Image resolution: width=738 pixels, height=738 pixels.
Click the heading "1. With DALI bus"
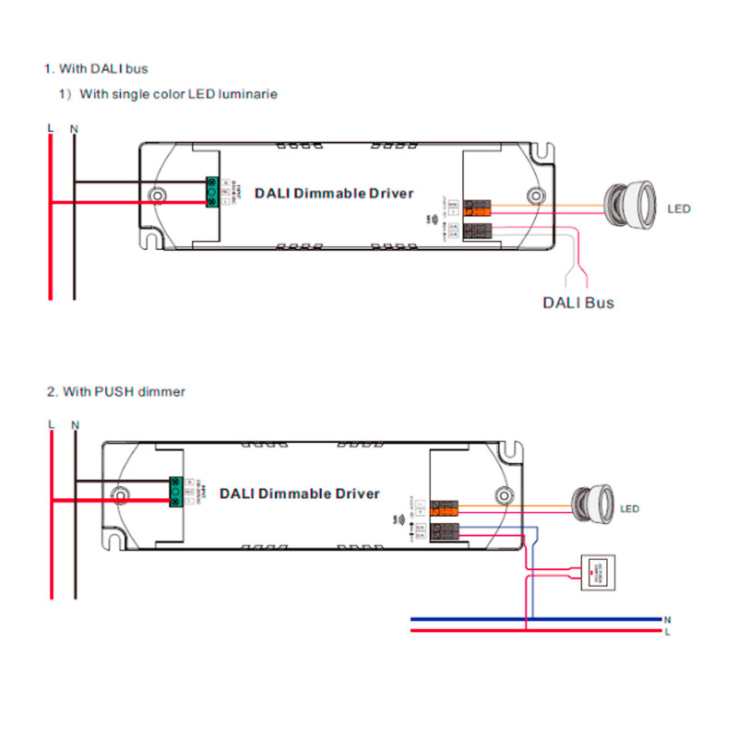96,68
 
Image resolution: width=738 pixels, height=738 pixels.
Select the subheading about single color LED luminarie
168,94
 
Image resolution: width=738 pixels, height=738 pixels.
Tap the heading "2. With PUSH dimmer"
115,392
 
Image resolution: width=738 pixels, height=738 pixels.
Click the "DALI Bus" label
577,303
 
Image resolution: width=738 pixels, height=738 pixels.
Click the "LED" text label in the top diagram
678,209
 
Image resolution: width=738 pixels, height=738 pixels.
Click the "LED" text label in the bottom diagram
630,509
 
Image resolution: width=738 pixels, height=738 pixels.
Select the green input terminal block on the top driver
213,191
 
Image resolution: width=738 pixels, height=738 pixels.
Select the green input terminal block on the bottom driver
175,492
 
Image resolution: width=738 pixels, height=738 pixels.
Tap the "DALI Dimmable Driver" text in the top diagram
334,194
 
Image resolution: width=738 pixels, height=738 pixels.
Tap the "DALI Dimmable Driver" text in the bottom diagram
299,494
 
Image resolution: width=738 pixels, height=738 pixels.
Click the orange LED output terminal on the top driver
477,208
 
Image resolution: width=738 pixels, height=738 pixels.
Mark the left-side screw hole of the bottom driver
120,493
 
